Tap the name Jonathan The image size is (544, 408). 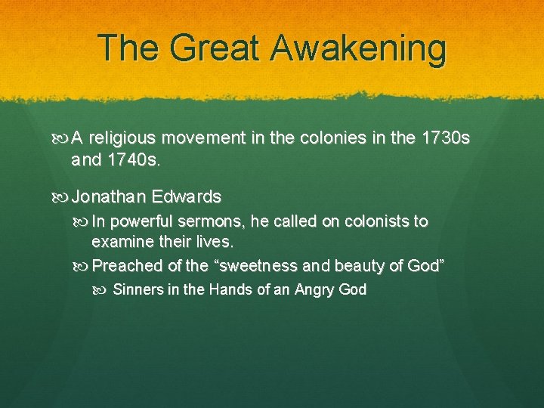pos(108,197)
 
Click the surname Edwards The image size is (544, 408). pos(186,197)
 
